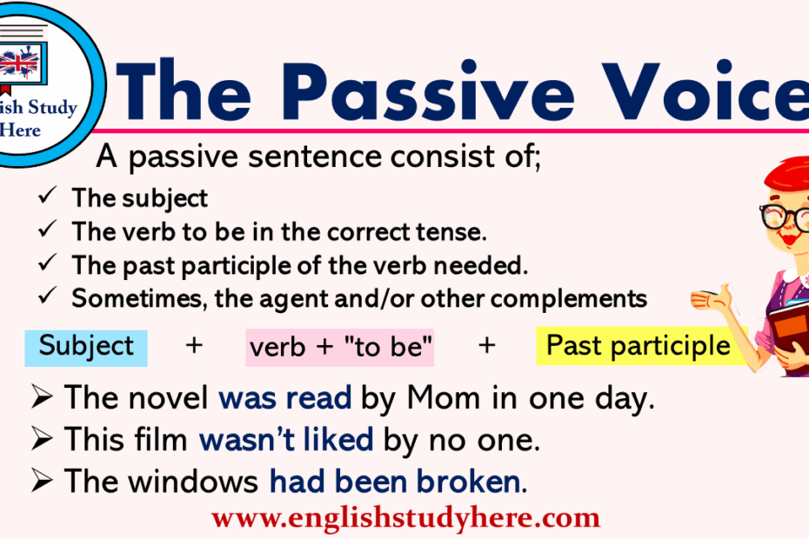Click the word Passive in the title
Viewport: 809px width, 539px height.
tap(427, 91)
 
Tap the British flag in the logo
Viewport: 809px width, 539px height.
tap(19, 63)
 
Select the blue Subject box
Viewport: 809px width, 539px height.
tap(86, 348)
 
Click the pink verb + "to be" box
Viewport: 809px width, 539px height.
tap(340, 348)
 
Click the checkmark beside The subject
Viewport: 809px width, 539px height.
tap(48, 196)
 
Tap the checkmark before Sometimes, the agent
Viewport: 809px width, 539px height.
tap(48, 296)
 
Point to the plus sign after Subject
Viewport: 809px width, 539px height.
tap(194, 345)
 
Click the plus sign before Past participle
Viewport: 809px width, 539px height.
tap(486, 345)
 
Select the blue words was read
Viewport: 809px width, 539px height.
tap(285, 398)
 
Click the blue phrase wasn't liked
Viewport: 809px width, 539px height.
tap(286, 440)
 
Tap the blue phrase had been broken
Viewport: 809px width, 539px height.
tap(395, 482)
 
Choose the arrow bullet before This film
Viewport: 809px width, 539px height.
tap(42, 438)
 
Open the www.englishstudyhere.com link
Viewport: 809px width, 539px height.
tap(405, 518)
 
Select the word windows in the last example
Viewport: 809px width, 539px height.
tap(192, 482)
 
